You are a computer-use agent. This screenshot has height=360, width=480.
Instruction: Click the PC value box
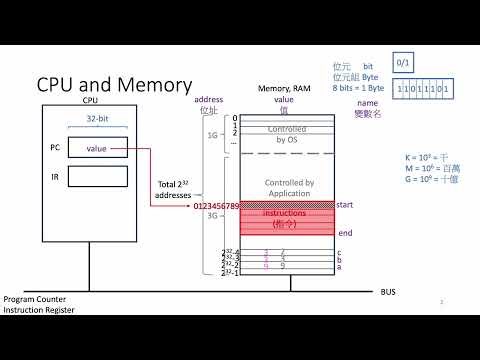pyautogui.click(x=98, y=149)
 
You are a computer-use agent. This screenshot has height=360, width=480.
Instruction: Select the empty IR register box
pyautogui.click(x=98, y=178)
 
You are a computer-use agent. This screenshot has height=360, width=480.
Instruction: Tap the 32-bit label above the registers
pyautogui.click(x=97, y=118)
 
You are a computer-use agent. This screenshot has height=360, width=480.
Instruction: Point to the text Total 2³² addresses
pyautogui.click(x=176, y=190)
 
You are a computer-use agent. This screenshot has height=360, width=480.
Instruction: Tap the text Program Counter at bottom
pyautogui.click(x=32, y=300)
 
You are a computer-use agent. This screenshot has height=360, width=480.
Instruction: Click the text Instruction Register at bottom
pyautogui.click(x=37, y=310)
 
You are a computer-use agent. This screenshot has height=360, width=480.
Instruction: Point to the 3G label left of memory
pyautogui.click(x=211, y=215)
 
